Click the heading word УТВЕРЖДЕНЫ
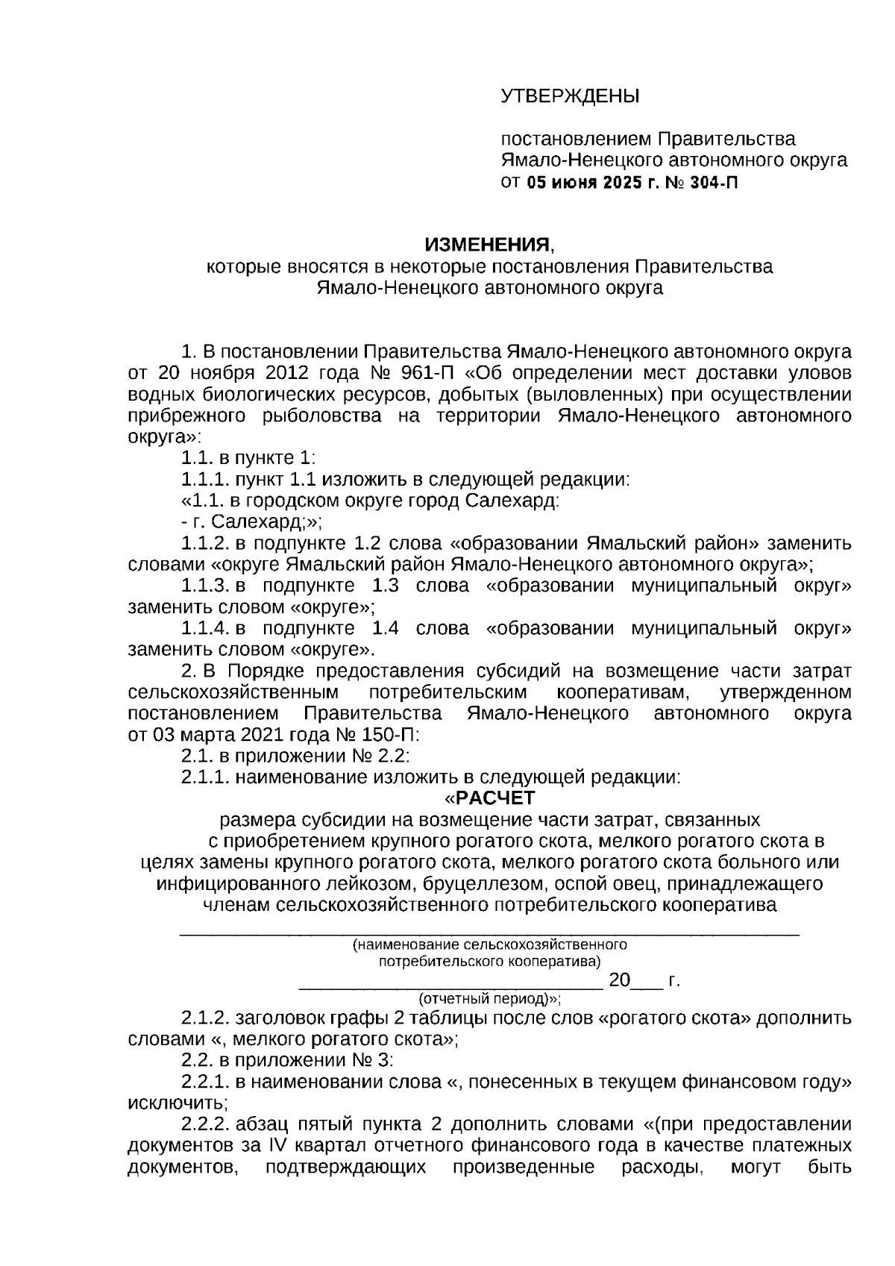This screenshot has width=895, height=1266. coord(570,96)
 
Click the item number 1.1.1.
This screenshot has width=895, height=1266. coord(205,479)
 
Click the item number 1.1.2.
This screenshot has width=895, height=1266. coord(206,542)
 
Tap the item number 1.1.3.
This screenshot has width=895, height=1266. coord(206,586)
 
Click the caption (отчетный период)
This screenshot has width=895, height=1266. coord(489,998)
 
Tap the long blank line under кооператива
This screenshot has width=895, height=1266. coord(489,932)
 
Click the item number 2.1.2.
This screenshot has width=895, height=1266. coord(205,1018)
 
